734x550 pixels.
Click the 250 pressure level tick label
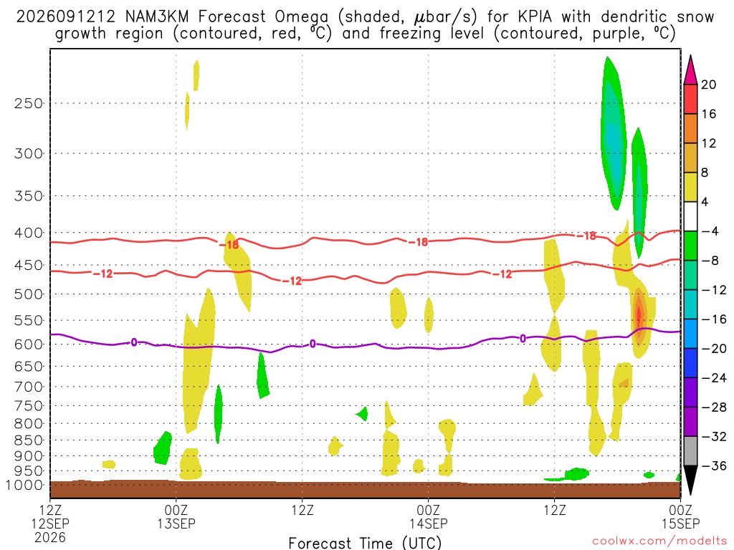(28, 103)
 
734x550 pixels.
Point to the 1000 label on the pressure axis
(24, 485)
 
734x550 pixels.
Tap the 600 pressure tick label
(28, 344)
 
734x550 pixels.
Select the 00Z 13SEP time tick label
(176, 516)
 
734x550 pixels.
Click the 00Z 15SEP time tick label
(680, 516)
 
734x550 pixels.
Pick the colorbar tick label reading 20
(708, 85)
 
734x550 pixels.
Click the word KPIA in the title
(535, 17)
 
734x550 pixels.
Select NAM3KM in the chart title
(157, 17)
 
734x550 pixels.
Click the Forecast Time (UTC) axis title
(365, 543)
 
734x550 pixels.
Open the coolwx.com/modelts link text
(659, 541)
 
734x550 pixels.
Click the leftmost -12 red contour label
(103, 274)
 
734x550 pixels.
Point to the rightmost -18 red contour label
(586, 236)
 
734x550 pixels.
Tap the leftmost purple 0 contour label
(134, 342)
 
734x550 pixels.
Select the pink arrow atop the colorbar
(690, 70)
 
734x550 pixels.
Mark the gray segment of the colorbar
(690, 451)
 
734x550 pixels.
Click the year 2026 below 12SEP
(50, 537)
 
